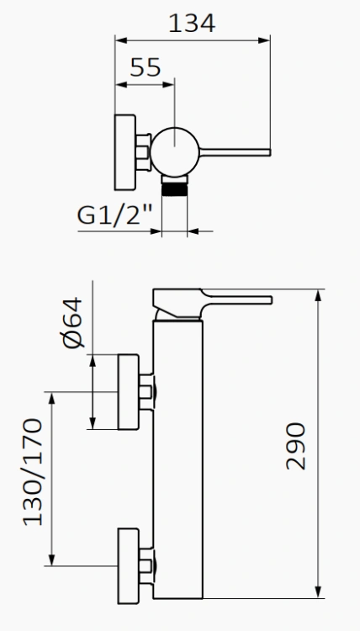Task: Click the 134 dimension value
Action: coord(192,23)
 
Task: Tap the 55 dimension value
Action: coord(146,68)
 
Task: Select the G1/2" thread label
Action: coord(114,215)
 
